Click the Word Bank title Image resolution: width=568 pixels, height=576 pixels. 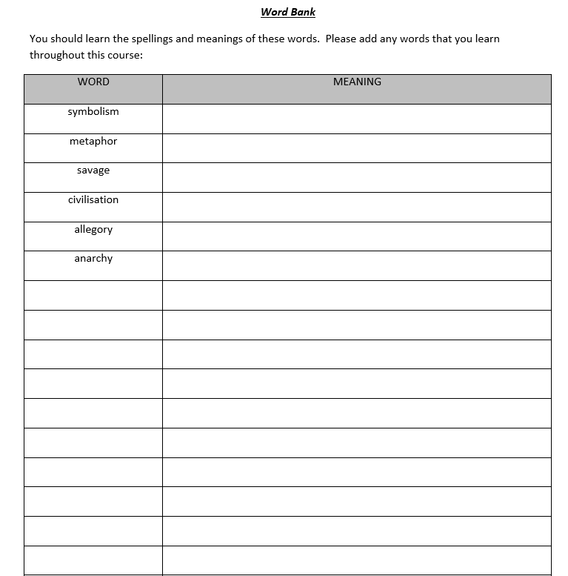288,12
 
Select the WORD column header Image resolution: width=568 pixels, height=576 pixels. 93,82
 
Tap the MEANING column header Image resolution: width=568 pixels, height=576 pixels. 357,82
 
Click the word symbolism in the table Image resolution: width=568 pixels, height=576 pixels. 93,112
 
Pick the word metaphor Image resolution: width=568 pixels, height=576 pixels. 93,142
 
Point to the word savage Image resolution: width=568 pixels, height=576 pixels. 93,171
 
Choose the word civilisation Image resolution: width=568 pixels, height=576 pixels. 93,200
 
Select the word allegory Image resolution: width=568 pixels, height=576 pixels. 93,230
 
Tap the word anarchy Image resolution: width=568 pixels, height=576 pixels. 93,259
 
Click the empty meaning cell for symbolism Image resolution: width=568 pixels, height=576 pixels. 357,119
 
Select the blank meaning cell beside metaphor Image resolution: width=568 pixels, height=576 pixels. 357,148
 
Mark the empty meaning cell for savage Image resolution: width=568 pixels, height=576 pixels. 357,178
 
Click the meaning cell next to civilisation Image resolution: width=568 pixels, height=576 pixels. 357,207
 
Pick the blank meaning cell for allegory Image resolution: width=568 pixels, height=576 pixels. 357,236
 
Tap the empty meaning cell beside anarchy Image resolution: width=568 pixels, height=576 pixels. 357,266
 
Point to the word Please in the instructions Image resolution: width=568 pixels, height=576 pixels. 341,39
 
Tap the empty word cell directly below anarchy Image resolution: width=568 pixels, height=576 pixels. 93,295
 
